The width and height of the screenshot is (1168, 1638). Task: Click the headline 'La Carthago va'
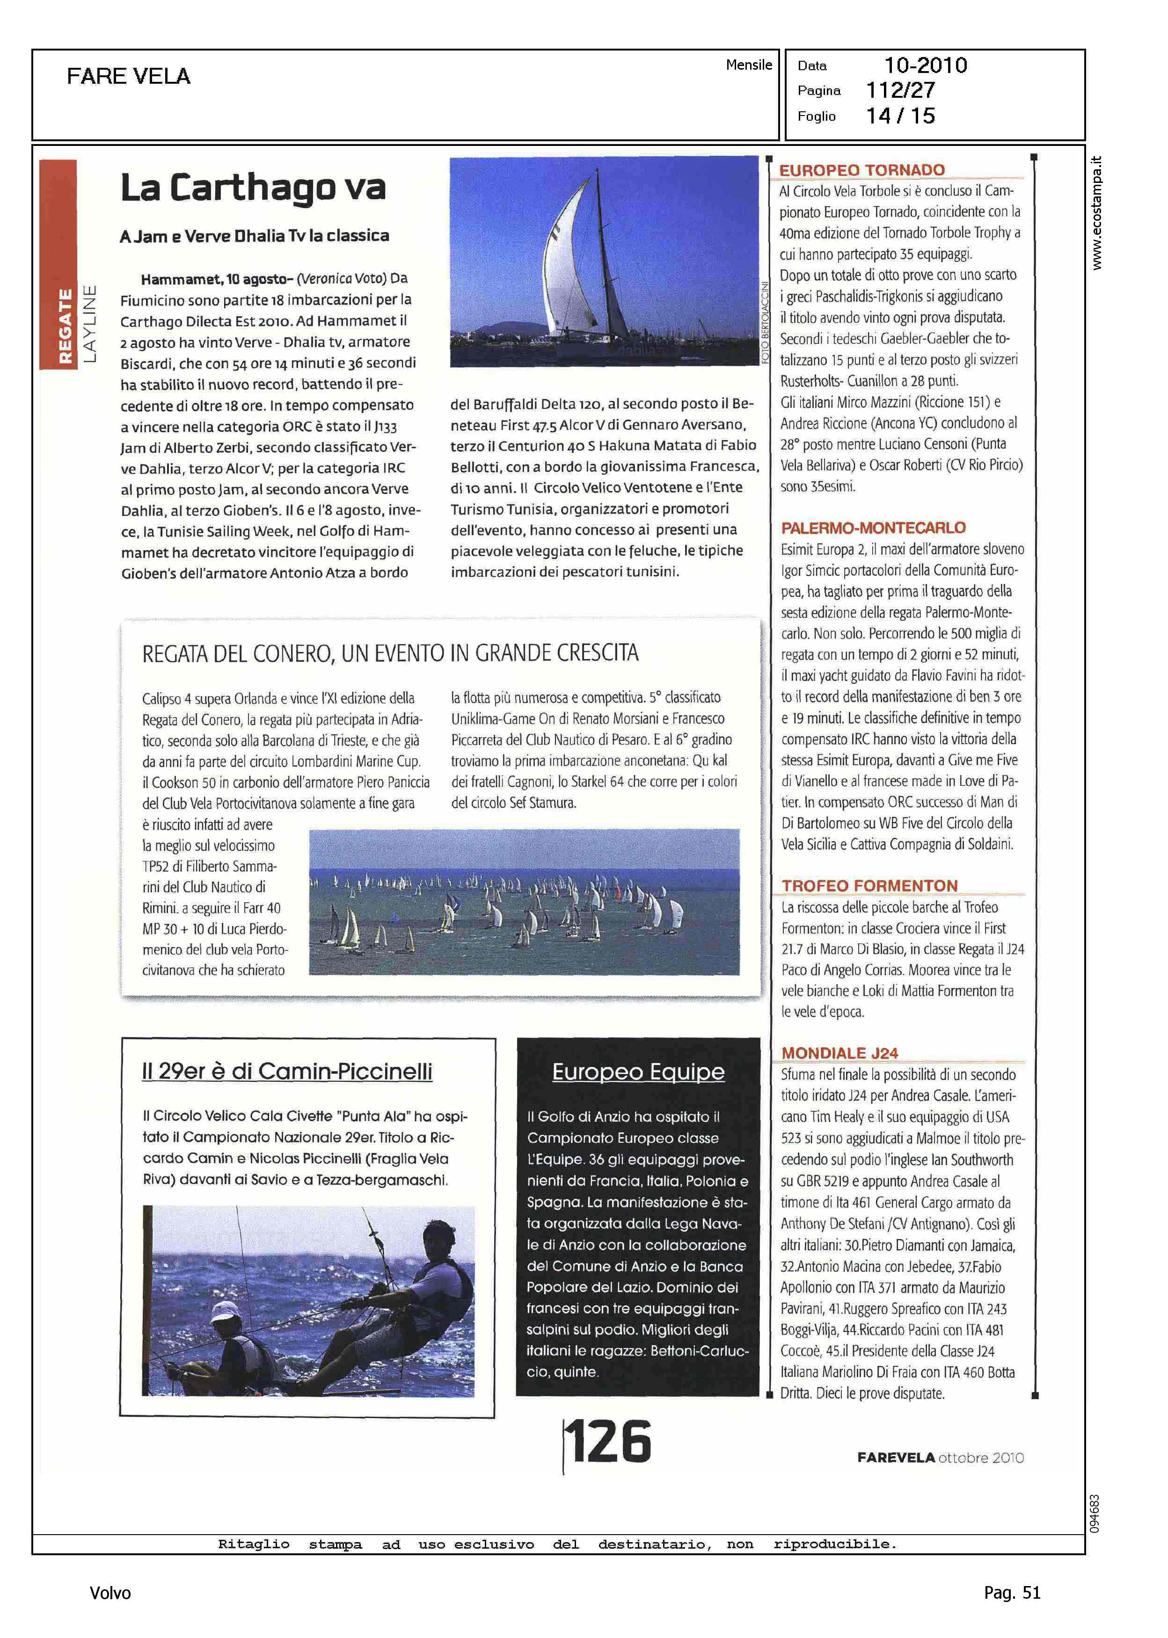[253, 188]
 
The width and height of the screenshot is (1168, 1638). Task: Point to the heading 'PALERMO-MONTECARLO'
[873, 528]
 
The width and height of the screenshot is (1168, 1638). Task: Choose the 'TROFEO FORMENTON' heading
[869, 885]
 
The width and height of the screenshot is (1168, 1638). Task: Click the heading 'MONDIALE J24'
[839, 1053]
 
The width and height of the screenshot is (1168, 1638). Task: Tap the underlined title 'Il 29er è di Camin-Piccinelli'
[287, 1072]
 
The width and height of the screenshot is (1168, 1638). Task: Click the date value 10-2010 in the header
[925, 65]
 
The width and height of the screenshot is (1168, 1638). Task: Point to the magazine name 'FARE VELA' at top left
[129, 76]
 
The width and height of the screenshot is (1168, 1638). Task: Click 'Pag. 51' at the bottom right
[1012, 1593]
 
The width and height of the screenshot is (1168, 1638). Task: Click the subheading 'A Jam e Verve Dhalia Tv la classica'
[255, 236]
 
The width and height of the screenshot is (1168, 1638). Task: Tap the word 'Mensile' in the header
[749, 65]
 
